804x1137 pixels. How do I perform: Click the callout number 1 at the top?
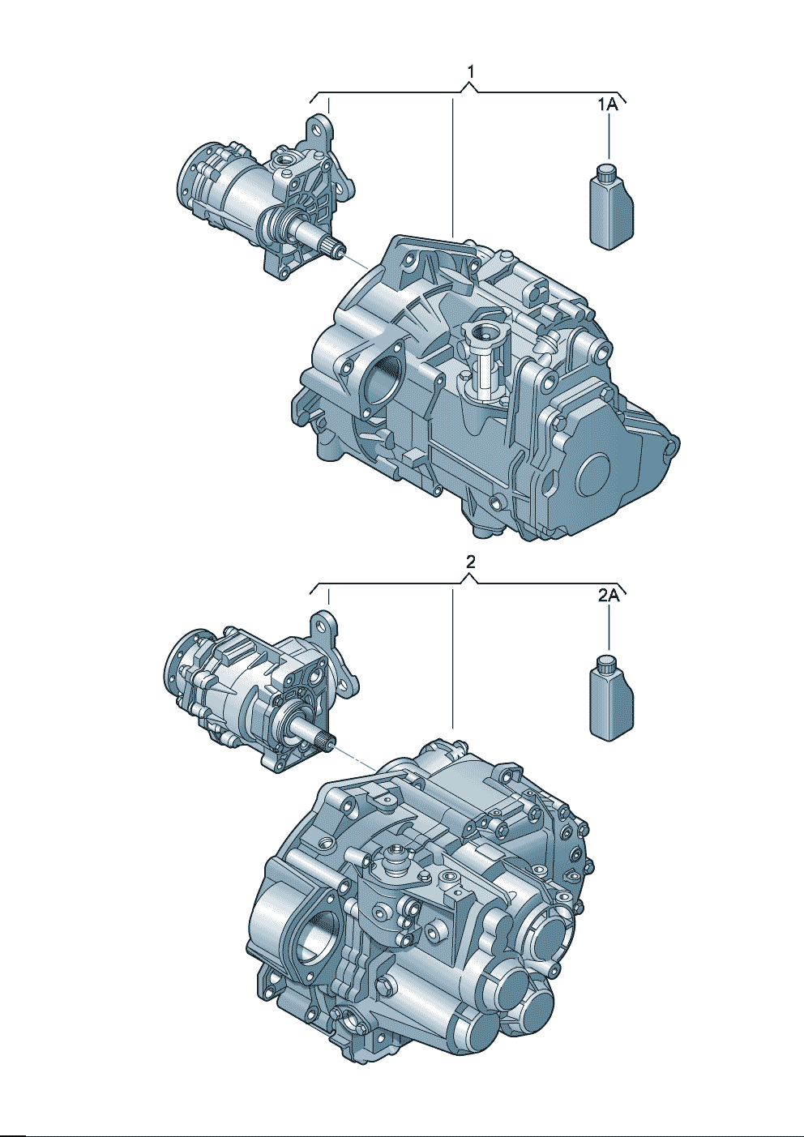471,73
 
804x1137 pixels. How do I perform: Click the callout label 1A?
607,105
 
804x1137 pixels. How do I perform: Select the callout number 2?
470,562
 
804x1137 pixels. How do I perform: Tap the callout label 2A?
608,596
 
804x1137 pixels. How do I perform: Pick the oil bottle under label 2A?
612,699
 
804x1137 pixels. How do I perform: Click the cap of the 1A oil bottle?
605,172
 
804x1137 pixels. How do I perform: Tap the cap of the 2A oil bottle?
605,664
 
